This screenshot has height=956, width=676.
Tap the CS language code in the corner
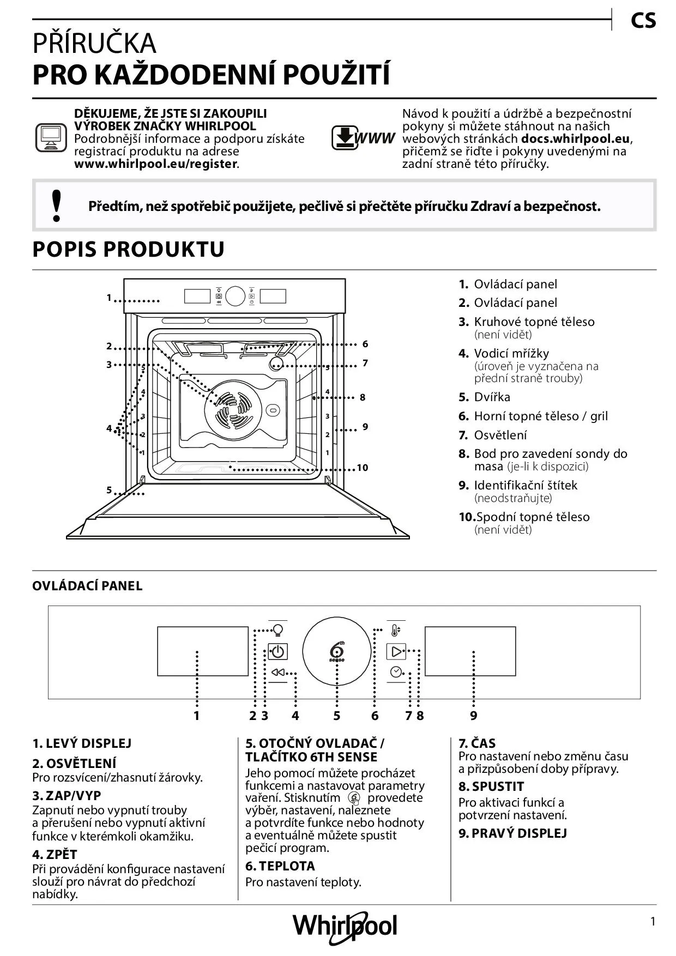tap(643, 21)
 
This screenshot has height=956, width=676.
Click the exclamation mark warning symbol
tap(56, 205)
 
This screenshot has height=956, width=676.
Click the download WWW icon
tap(363, 138)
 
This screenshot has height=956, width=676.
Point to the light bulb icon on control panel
tap(278, 630)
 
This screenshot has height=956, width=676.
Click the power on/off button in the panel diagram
tap(277, 651)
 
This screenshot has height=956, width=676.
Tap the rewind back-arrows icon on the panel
tap(277, 673)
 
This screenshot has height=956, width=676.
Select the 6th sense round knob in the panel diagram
tap(336, 652)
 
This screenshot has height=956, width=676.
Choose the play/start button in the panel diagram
tap(396, 651)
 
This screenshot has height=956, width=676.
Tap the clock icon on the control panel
tap(396, 672)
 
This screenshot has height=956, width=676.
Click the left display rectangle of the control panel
tap(203, 651)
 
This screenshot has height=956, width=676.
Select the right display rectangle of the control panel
tap(470, 651)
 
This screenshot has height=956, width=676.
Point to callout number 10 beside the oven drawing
tap(363, 468)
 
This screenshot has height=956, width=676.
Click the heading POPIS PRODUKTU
tap(129, 249)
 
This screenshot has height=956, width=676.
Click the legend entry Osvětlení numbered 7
tap(493, 435)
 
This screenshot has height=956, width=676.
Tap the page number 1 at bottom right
tap(653, 922)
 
